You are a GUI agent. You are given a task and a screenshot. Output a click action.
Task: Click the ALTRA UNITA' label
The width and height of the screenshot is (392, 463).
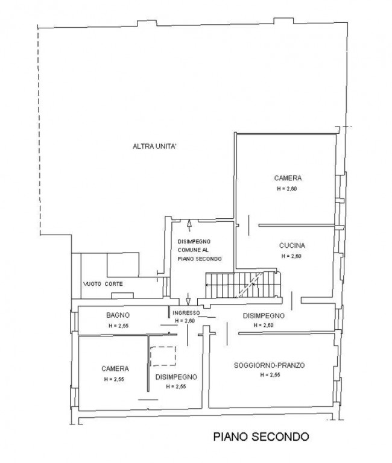tap(154, 146)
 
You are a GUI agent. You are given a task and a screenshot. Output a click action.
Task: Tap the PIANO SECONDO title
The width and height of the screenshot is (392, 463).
tap(261, 436)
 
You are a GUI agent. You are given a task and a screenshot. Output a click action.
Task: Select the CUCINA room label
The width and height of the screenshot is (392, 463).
tap(292, 245)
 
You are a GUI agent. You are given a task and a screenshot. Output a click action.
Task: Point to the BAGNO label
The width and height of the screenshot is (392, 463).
tap(118, 315)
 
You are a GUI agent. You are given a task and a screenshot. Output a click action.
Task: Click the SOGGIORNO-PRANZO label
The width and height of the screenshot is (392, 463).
tap(269, 365)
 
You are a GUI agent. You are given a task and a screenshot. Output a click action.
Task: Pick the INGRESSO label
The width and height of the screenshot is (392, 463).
tap(186, 313)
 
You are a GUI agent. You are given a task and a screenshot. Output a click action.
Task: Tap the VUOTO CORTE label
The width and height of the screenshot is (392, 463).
tap(103, 284)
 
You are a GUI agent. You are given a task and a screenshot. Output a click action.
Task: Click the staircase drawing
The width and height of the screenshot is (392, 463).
tap(243, 285)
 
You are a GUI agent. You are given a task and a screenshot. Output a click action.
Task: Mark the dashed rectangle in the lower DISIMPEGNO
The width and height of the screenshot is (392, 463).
tap(163, 356)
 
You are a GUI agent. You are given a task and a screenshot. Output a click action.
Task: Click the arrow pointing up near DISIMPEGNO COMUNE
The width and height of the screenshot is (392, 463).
tap(189, 225)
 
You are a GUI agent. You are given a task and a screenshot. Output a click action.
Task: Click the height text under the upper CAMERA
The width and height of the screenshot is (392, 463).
tap(287, 189)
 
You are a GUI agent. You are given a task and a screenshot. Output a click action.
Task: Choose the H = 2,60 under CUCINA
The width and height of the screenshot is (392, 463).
tap(291, 256)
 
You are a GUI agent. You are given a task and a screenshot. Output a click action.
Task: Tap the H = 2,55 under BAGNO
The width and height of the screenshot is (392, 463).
tap(118, 326)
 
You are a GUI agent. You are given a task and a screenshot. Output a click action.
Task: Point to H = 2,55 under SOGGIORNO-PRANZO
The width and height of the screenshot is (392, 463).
tap(270, 375)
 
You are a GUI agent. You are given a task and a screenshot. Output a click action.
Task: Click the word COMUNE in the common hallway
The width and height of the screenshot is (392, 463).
tap(189, 250)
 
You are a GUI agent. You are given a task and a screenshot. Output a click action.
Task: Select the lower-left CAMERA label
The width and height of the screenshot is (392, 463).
tap(115, 369)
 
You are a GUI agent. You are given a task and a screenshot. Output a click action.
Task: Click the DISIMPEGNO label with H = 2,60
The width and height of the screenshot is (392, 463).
tap(264, 316)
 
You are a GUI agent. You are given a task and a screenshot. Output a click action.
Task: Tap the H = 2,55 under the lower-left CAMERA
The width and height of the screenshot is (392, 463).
tap(114, 379)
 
